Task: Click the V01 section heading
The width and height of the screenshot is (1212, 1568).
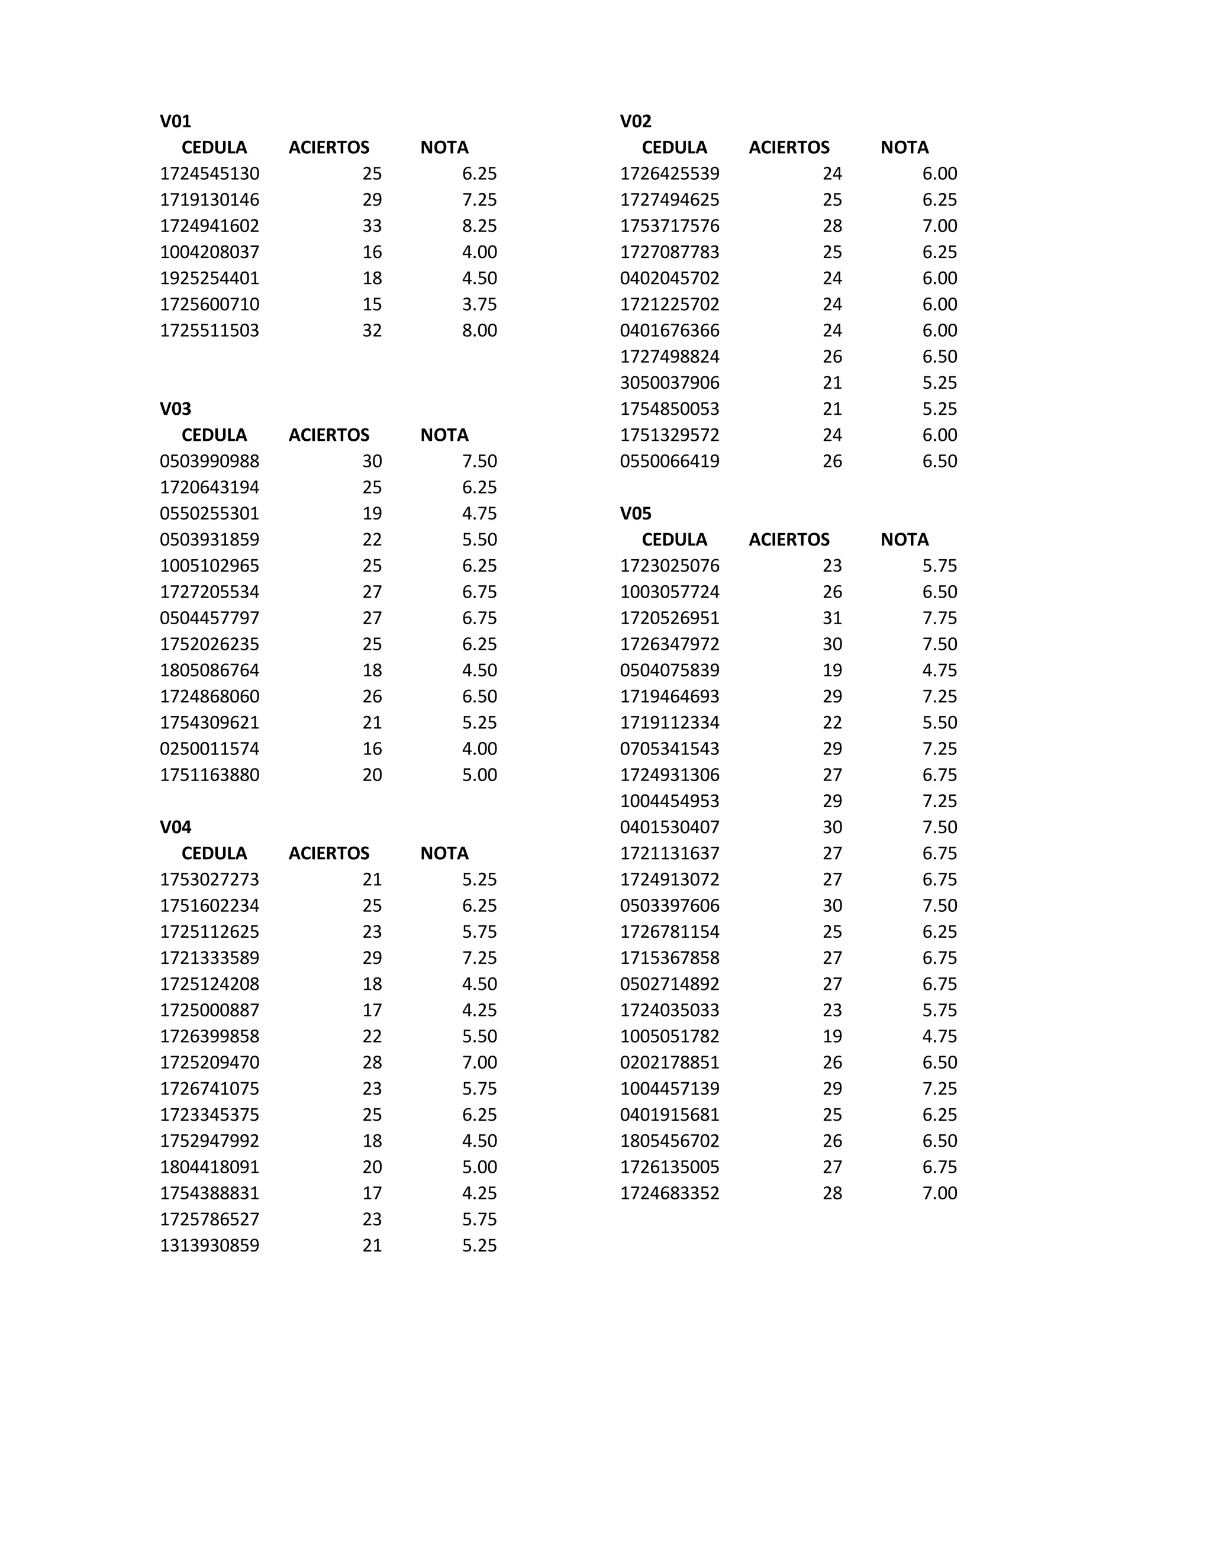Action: pyautogui.click(x=175, y=121)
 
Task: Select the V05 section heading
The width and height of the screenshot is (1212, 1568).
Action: pyautogui.click(x=636, y=514)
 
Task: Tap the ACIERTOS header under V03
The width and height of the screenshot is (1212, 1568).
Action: pyautogui.click(x=329, y=435)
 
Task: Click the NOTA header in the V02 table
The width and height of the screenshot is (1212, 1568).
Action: pyautogui.click(x=904, y=147)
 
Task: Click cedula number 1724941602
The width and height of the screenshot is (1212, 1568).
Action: pyautogui.click(x=209, y=225)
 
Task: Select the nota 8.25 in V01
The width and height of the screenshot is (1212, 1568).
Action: pyautogui.click(x=479, y=225)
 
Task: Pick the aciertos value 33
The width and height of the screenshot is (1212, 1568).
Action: pyautogui.click(x=372, y=225)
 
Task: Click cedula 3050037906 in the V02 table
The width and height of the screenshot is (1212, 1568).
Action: pyautogui.click(x=669, y=383)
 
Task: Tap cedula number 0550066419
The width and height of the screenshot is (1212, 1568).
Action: pyautogui.click(x=669, y=461)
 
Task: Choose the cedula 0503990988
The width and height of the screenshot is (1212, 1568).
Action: pyautogui.click(x=209, y=461)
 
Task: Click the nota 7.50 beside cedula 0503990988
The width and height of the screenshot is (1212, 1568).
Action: pyautogui.click(x=479, y=461)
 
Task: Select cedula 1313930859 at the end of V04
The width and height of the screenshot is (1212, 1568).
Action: pyautogui.click(x=209, y=1245)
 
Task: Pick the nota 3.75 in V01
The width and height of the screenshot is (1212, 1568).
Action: pyautogui.click(x=479, y=304)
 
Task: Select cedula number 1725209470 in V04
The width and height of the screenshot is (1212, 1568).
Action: pyautogui.click(x=209, y=1062)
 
